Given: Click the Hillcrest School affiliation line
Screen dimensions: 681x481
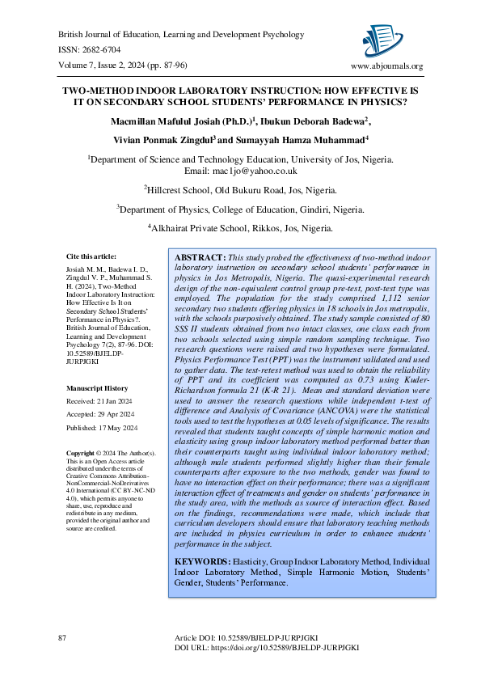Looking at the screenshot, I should pos(241,190).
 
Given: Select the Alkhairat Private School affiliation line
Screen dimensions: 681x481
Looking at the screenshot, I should pos(241,229).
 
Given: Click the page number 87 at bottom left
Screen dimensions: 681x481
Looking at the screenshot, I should pos(62,639).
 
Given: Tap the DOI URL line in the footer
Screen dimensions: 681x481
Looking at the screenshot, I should pos(267,648).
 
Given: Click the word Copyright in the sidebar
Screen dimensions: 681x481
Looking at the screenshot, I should pos(81,454).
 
